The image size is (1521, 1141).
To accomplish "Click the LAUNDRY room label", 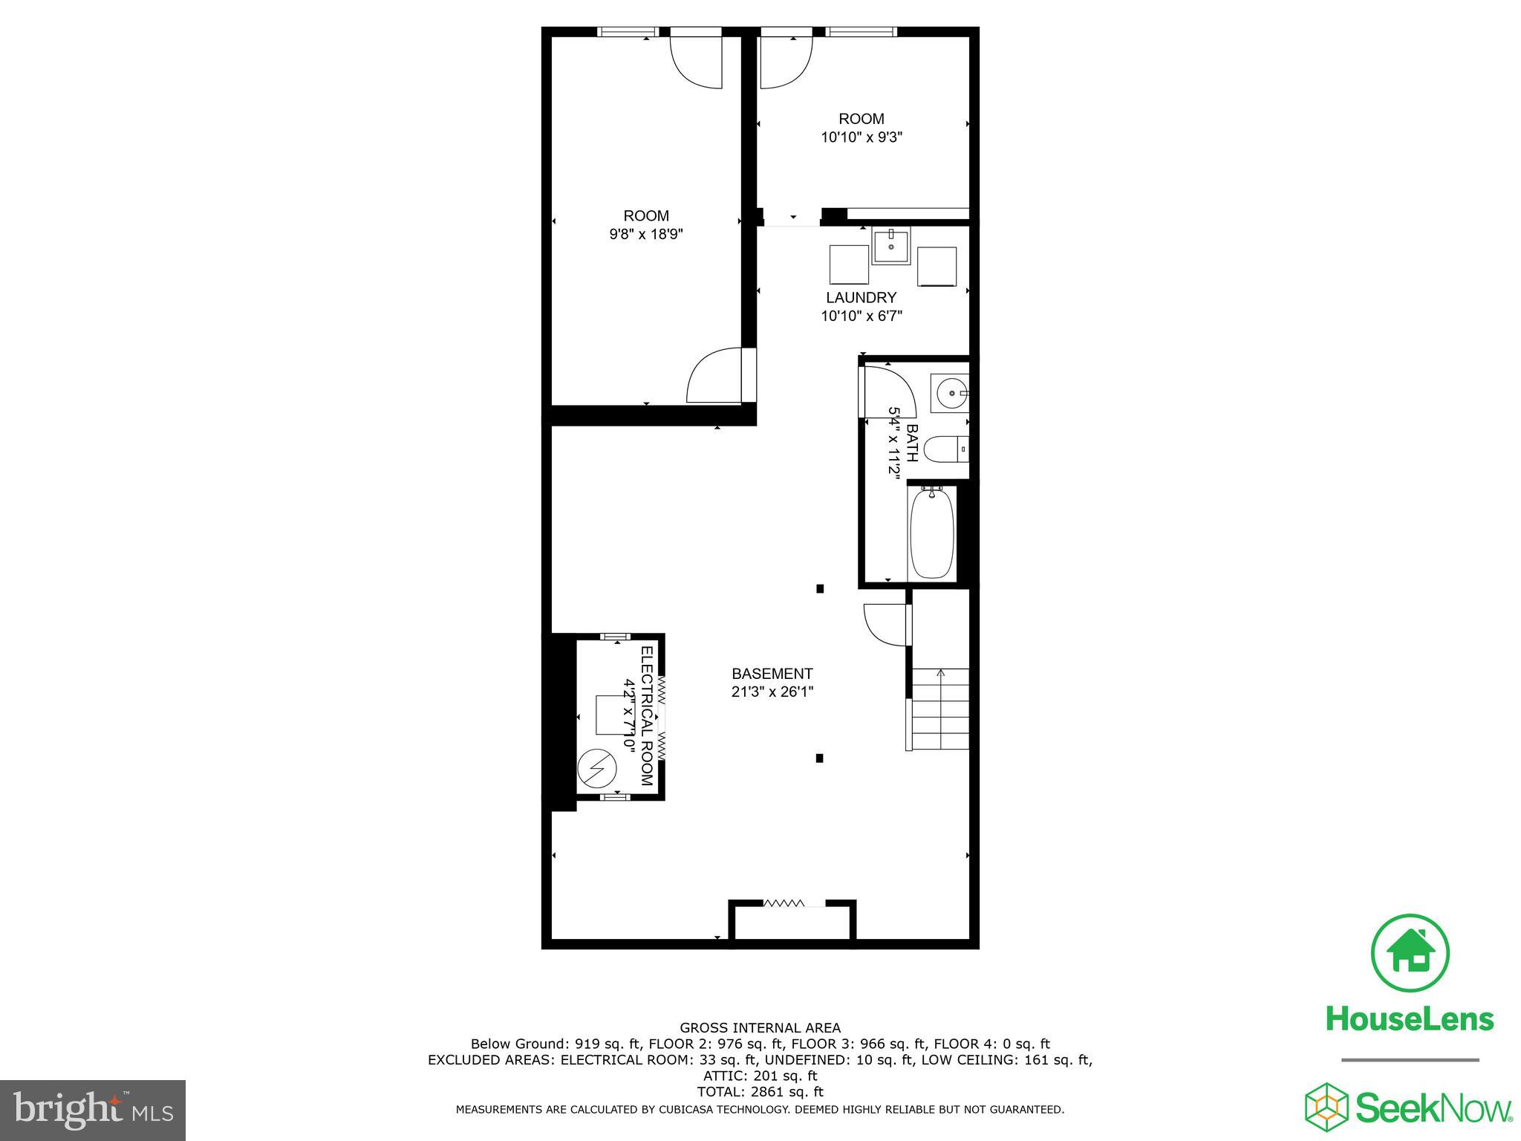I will pos(861,298).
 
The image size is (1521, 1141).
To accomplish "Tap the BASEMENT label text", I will pos(772,674).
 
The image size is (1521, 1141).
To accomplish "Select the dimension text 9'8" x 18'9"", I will pos(645,234).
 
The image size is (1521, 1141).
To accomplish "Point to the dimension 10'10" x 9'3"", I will pos(861,137).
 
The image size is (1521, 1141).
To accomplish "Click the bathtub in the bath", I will pos(931,533).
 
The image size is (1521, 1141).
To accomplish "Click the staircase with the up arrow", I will pos(940,709).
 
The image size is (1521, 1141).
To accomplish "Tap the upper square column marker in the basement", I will pos(820,589).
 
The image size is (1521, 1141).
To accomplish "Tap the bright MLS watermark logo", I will pos(93,1111).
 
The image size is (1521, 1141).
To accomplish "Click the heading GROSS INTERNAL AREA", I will pos(760,1028).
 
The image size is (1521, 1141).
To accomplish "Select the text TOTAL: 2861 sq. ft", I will pos(760,1092).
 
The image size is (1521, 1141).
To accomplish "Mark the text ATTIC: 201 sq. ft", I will pos(760,1076).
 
